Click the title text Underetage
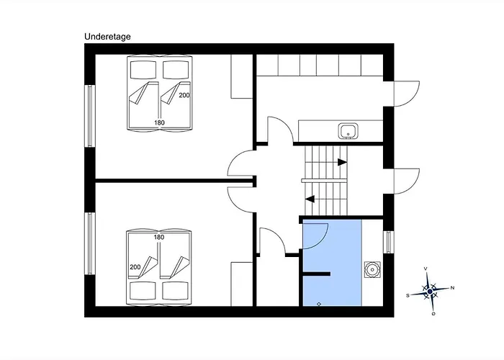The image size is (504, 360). coord(107,37)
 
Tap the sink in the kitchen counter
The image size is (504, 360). coord(348,131)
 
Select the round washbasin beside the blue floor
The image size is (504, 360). coord(372,270)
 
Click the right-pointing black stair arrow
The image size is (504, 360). coord(342,162)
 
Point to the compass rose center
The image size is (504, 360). coord(430,292)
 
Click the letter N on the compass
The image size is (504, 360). coord(452,288)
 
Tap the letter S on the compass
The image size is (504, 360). coord(408,295)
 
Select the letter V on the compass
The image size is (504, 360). coord(426,269)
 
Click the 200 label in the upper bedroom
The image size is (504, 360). coord(184,95)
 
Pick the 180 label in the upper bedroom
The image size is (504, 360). coord(159,122)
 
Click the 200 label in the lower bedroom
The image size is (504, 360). coord(135,267)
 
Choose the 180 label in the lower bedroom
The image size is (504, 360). coord(159,237)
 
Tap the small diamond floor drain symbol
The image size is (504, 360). coord(319,304)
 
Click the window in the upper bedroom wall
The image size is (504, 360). coord(90,116)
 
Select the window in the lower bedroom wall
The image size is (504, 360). coord(90,243)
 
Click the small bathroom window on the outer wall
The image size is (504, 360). coord(389,242)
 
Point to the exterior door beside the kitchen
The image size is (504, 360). coord(407,94)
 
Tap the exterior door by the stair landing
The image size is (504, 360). coord(407,181)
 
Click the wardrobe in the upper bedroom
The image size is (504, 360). coord(242,76)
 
